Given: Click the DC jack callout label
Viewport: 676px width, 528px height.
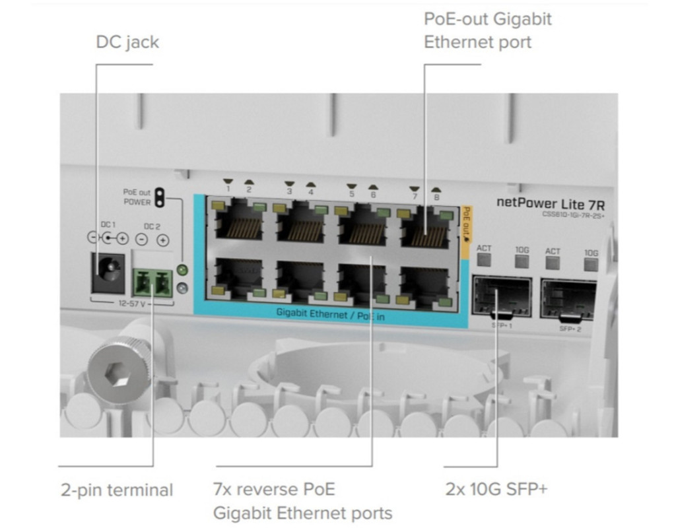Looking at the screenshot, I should coord(127,43).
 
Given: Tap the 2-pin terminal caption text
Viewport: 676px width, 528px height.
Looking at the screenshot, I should coord(117,490).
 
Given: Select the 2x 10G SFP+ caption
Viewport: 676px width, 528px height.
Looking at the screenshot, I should coord(496,489).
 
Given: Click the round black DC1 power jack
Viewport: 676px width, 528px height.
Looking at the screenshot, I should coord(108,270).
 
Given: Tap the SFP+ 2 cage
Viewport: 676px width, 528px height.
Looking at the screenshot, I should coord(568,300).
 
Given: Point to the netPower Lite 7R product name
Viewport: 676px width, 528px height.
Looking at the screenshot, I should coord(550,202).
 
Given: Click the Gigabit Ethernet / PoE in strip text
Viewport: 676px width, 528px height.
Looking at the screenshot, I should coord(331,314).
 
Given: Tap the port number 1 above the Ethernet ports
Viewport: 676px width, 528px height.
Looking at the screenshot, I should coord(228,190).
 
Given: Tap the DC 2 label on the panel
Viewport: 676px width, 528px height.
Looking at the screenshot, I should coord(152,226).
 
